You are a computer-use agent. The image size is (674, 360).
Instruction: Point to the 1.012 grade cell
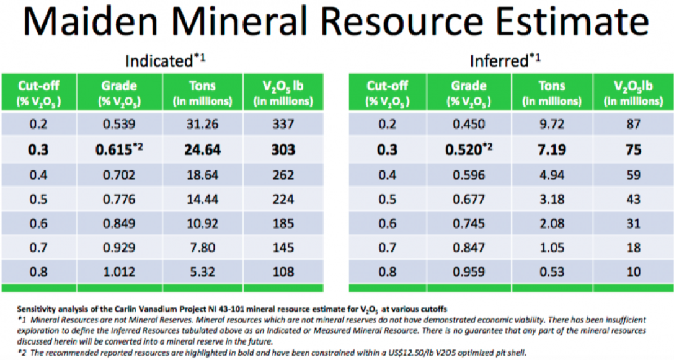point(120,271)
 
